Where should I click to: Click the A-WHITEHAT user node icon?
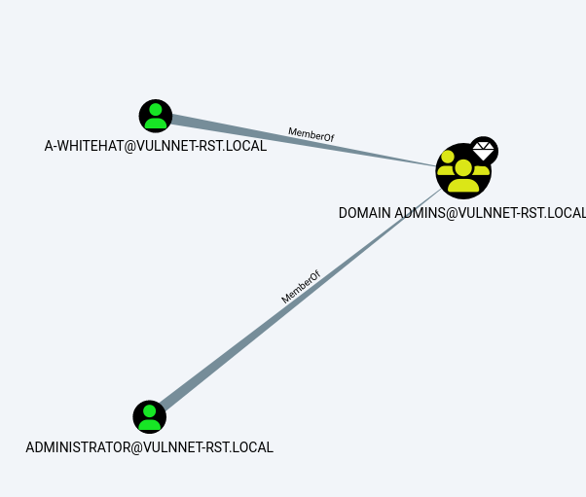[x=156, y=116]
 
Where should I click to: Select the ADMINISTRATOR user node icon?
[x=150, y=416]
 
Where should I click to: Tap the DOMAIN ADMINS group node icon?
[x=462, y=171]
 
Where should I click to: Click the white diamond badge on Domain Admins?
[x=484, y=151]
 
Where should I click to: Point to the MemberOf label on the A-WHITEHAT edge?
[x=311, y=134]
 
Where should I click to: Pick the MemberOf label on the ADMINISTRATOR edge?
[x=301, y=288]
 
